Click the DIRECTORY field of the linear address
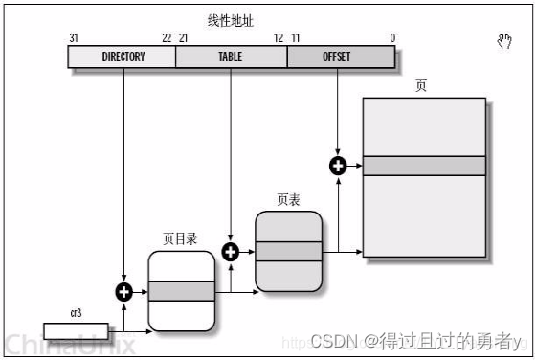click(x=123, y=56)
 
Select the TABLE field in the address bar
click(x=231, y=56)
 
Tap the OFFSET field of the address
click(x=337, y=56)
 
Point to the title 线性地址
click(x=231, y=20)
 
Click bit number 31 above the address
click(x=74, y=37)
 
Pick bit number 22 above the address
click(x=167, y=37)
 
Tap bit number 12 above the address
click(x=278, y=37)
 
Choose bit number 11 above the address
click(x=295, y=37)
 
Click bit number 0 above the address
click(x=392, y=37)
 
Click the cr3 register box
click(x=76, y=331)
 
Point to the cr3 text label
click(x=75, y=313)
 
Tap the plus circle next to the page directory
click(x=123, y=292)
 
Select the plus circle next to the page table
click(x=230, y=252)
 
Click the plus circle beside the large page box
click(x=337, y=166)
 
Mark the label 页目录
click(x=180, y=239)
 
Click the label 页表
click(x=288, y=200)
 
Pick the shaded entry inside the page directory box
click(x=181, y=291)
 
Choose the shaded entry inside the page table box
click(x=288, y=251)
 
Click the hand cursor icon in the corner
click(x=504, y=40)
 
